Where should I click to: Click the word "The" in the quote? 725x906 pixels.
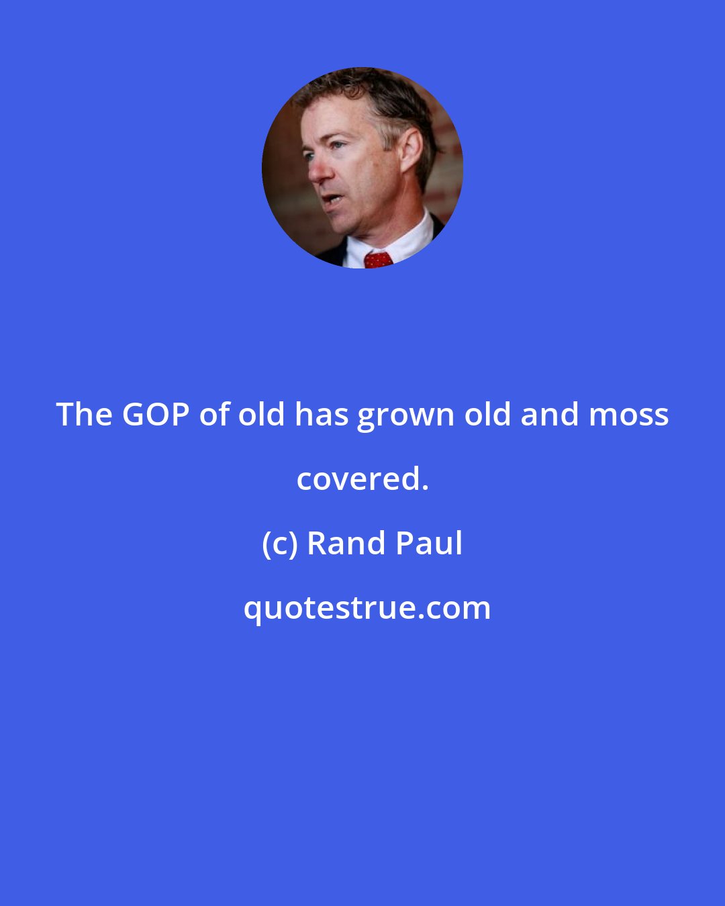point(83,415)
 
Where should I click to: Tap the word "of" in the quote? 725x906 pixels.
point(214,415)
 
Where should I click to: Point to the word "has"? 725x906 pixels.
point(322,415)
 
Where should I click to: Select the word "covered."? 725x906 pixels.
point(362,479)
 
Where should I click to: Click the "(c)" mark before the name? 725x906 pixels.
point(279,544)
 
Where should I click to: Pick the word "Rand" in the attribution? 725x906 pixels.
point(346,544)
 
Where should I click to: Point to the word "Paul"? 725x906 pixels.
point(429,544)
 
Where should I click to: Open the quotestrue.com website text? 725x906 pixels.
point(367,609)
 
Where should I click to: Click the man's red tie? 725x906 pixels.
point(379,260)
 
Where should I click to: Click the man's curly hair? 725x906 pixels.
point(376,94)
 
